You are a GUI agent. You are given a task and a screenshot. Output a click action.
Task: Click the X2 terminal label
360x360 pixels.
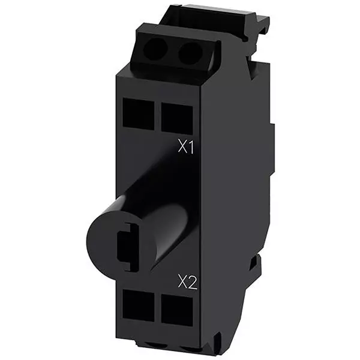187,281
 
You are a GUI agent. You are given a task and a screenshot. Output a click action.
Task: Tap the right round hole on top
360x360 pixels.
190,55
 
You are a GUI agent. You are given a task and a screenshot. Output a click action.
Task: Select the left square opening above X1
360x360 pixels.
138,113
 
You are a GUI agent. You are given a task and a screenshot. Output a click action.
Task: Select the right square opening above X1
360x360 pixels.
177,115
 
